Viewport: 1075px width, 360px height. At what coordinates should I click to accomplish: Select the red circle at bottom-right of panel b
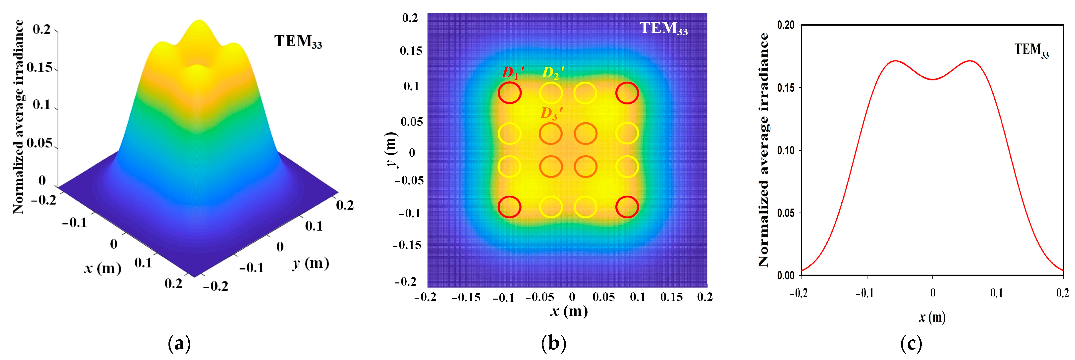pos(627,207)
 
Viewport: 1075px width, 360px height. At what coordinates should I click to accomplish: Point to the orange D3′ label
pos(551,113)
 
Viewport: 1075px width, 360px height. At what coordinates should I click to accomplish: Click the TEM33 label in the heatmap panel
pos(663,28)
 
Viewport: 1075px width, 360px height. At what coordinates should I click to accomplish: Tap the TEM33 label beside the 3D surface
pos(298,41)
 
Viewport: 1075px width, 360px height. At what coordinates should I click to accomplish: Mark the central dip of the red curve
pos(933,79)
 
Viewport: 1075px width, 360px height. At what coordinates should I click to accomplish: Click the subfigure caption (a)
pos(179,344)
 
